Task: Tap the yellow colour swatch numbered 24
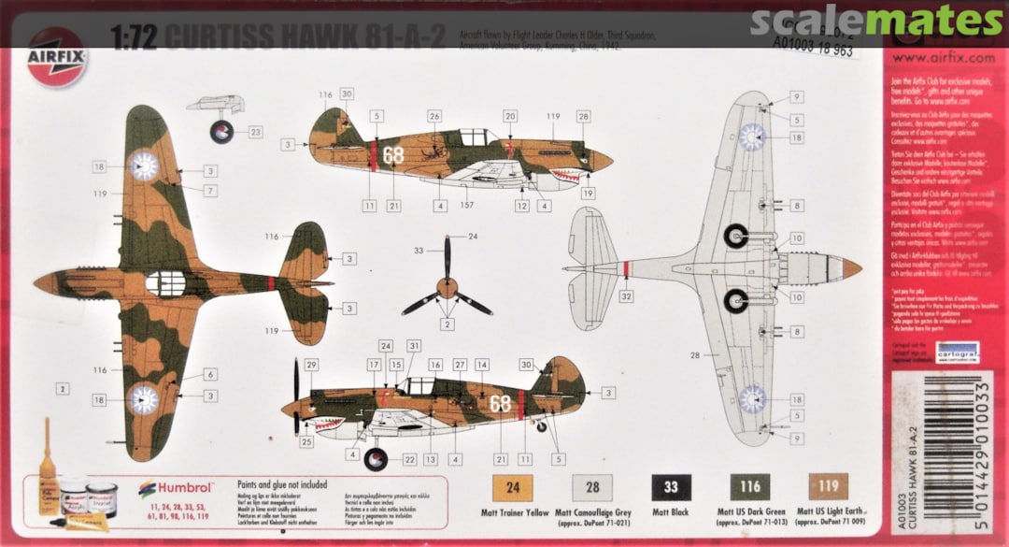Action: coord(511,487)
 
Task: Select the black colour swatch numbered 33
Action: coord(672,487)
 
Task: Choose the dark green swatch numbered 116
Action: coord(750,487)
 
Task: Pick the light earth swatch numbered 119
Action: coord(829,487)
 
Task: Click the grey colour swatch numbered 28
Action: coord(592,487)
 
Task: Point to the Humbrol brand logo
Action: coord(177,487)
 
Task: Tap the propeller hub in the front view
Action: coord(448,286)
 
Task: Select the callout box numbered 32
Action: coord(625,296)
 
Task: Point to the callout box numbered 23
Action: coord(256,133)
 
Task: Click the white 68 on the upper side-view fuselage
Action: coord(393,155)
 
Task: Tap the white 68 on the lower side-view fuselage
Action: coord(501,404)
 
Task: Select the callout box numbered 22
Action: coord(408,459)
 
